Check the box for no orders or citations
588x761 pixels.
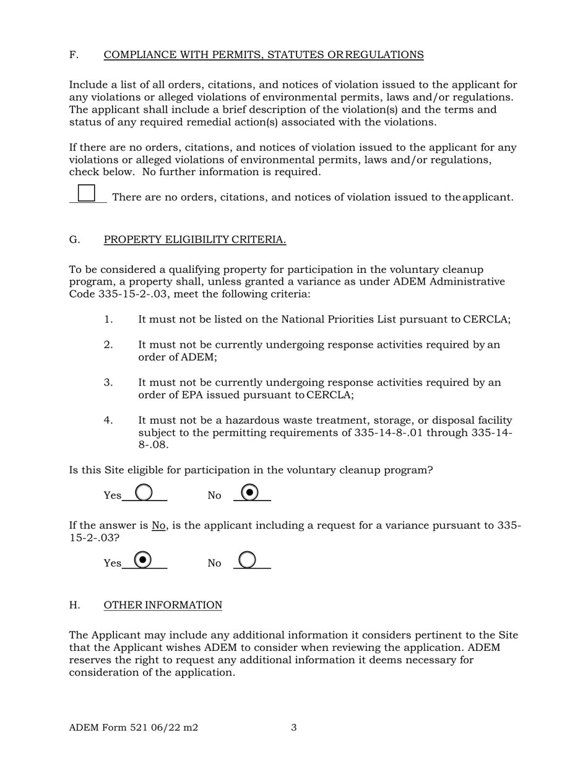point(87,193)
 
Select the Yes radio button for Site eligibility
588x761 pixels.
point(144,492)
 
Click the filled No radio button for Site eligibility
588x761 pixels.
point(249,492)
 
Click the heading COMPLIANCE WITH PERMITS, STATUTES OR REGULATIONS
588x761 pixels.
point(264,55)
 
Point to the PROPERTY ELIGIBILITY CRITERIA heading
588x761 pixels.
point(194,239)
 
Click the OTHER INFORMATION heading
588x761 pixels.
point(163,605)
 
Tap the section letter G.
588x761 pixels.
point(74,239)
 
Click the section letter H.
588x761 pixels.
point(74,605)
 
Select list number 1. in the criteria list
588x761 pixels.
point(108,319)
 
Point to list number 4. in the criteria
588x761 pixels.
point(108,421)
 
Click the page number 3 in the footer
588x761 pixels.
point(294,728)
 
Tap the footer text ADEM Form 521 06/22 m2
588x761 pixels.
point(134,728)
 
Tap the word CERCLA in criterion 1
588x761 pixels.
point(486,319)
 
